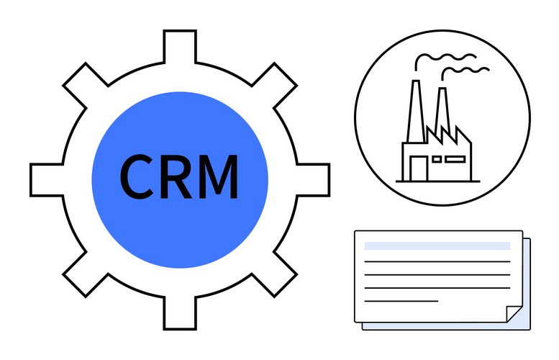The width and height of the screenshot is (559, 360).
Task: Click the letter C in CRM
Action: tap(137, 176)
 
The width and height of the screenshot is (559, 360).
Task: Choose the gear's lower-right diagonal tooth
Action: tap(276, 276)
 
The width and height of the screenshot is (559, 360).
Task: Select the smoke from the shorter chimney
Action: tap(468, 71)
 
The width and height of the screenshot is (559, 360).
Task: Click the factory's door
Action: tap(417, 168)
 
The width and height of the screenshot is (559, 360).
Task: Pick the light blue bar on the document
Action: tap(437, 246)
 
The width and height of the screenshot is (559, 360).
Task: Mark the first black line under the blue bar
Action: tap(437, 261)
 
